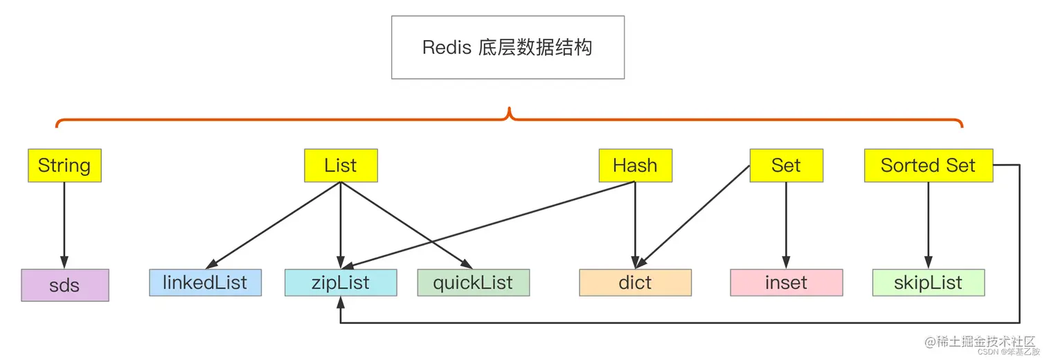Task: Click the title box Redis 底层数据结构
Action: pos(508,47)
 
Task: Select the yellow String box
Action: pos(64,165)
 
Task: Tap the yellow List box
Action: pos(341,165)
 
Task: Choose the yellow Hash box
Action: pos(635,165)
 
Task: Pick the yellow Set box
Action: pos(786,165)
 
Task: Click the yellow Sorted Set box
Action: pos(928,165)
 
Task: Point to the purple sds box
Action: pos(64,285)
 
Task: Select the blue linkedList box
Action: pos(205,282)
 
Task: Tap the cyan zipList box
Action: pos(341,282)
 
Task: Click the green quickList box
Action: pos(473,282)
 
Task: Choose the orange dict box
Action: pos(635,282)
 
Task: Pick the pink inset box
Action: pos(786,282)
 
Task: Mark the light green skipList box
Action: pos(928,282)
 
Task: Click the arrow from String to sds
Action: pos(64,225)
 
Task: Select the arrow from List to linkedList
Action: pos(274,225)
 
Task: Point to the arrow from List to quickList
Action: pos(407,225)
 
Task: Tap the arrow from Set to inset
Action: pos(786,225)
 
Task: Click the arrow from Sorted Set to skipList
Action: pos(928,225)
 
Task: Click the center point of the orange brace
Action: pos(510,115)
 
